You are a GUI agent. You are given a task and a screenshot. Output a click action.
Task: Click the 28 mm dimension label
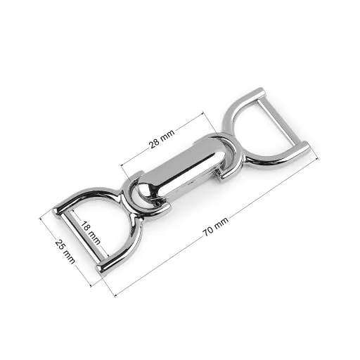coord(162,139)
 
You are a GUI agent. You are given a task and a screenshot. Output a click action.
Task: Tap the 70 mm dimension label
coord(215,226)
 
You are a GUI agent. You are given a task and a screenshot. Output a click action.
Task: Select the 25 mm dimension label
coord(65,252)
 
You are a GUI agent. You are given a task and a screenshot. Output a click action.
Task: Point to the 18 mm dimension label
coord(91,233)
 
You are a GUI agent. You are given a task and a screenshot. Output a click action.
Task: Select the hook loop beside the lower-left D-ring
coord(146,195)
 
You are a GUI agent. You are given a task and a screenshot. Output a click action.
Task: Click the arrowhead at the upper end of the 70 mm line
coord(318,159)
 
